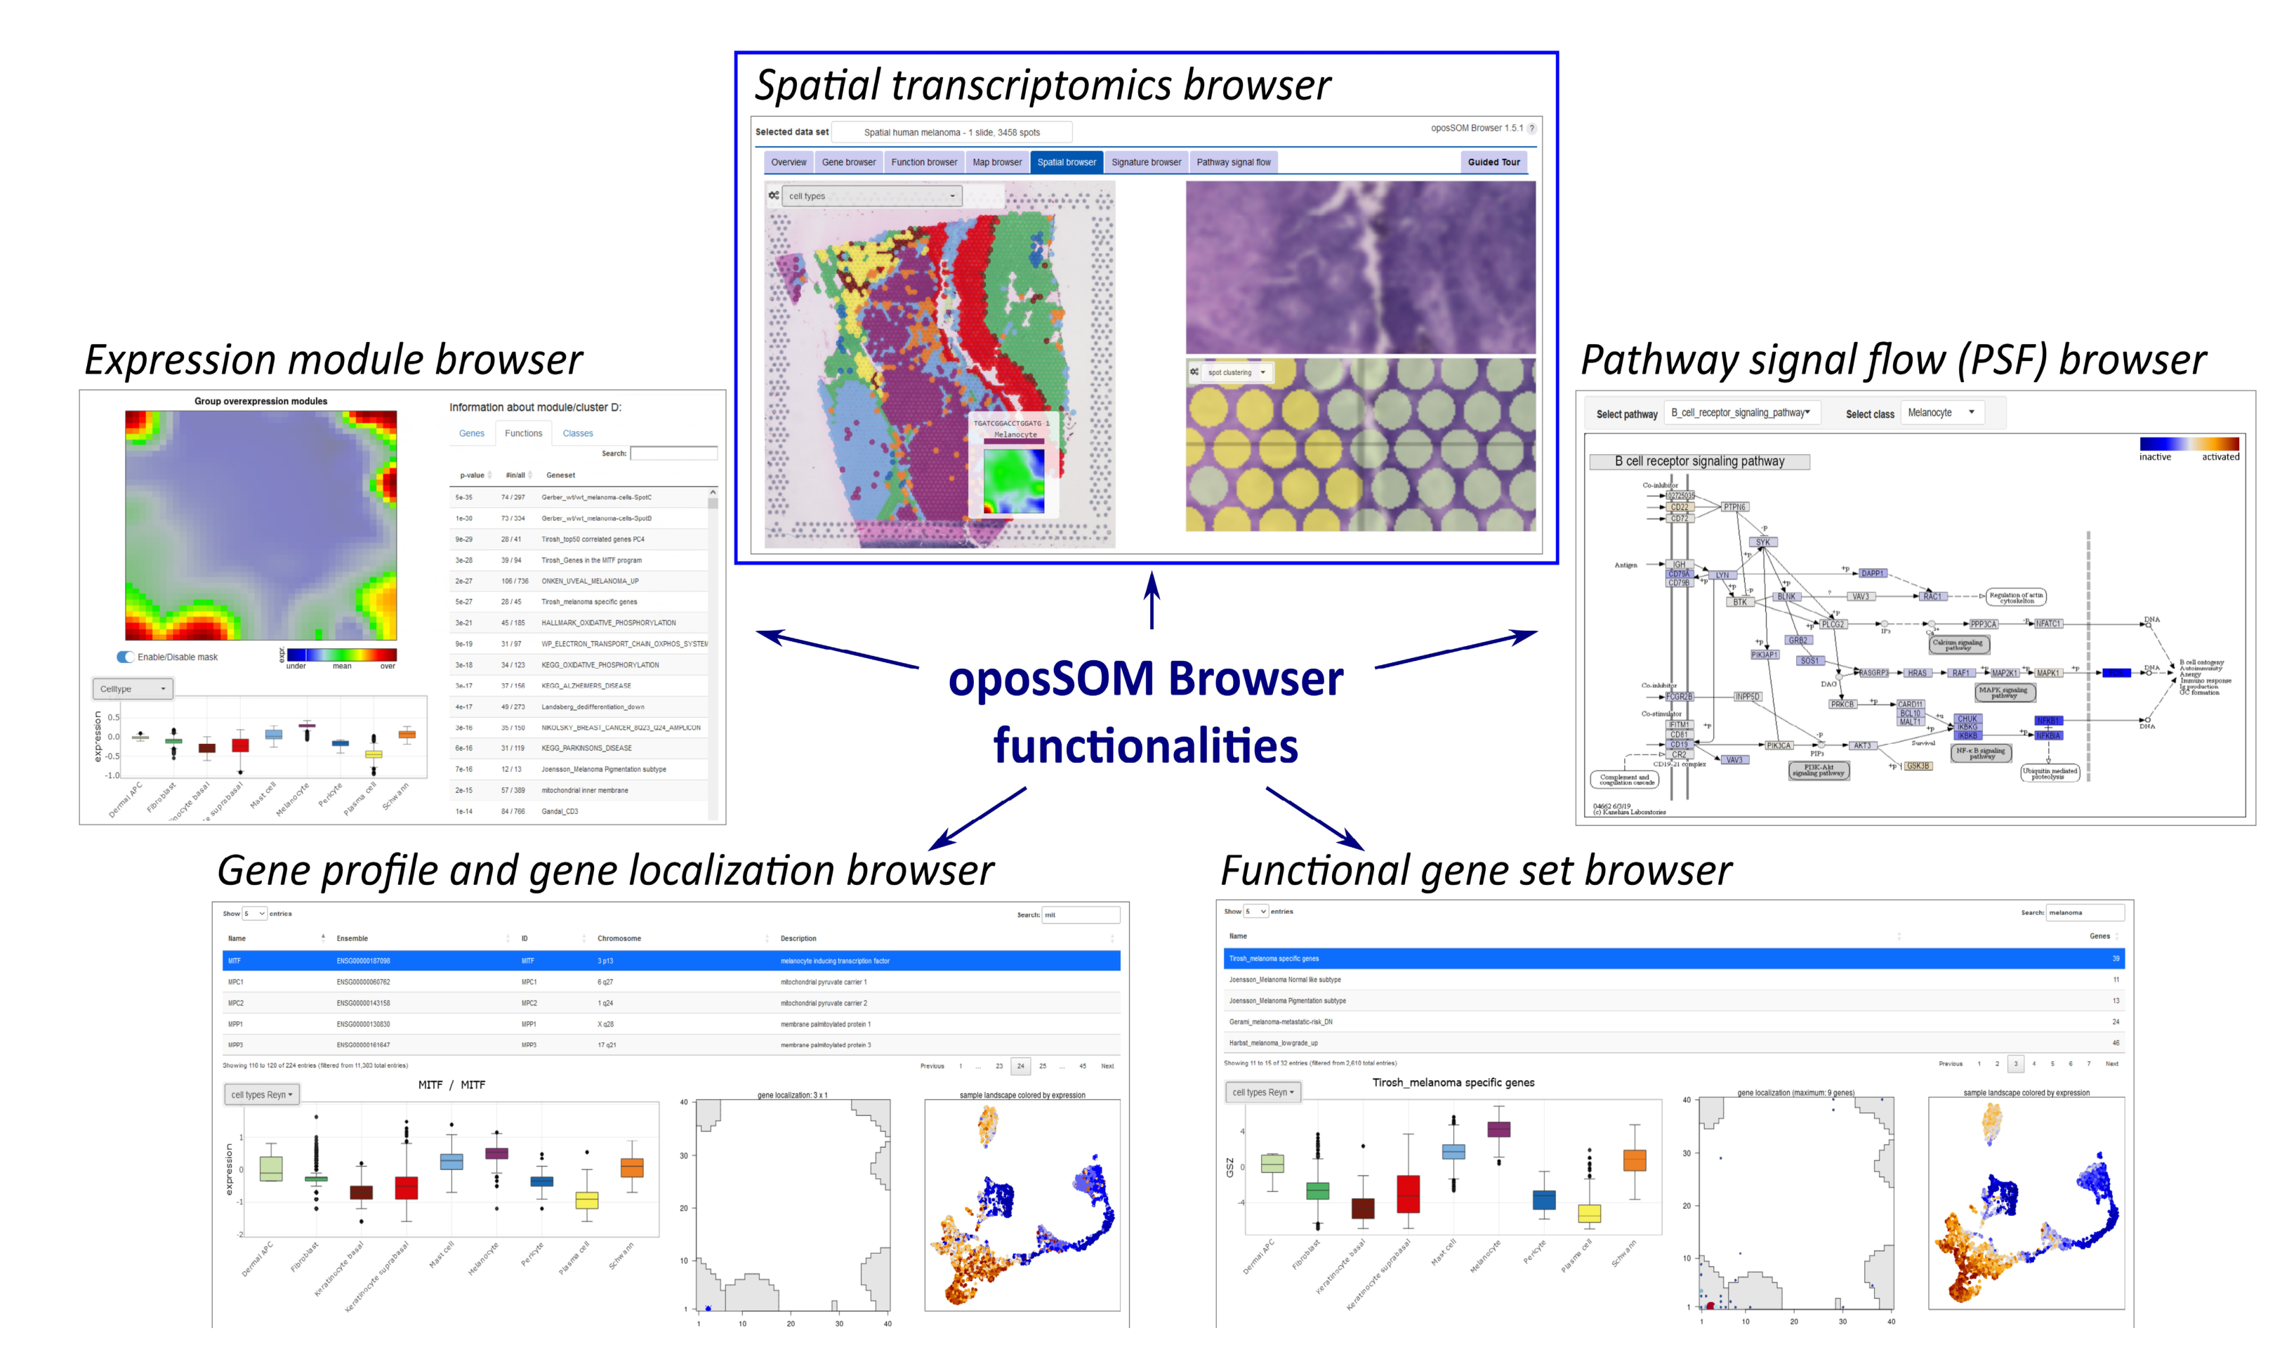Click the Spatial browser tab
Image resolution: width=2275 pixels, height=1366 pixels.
pyautogui.click(x=1066, y=162)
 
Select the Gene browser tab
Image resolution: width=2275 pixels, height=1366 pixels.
pyautogui.click(x=848, y=162)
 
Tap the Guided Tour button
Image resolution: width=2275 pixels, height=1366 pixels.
pyautogui.click(x=1493, y=162)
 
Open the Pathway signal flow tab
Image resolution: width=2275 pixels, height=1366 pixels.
pyautogui.click(x=1232, y=162)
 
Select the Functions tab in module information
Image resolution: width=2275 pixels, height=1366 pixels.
pyautogui.click(x=522, y=433)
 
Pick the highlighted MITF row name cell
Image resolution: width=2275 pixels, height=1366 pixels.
pyautogui.click(x=236, y=961)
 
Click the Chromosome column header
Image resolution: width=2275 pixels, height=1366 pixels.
pyautogui.click(x=619, y=939)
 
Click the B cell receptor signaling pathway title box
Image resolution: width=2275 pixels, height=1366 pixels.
pyautogui.click(x=1698, y=462)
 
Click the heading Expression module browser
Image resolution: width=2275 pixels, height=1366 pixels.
pyautogui.click(x=333, y=360)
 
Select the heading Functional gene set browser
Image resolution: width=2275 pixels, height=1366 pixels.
pyautogui.click(x=1475, y=871)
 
